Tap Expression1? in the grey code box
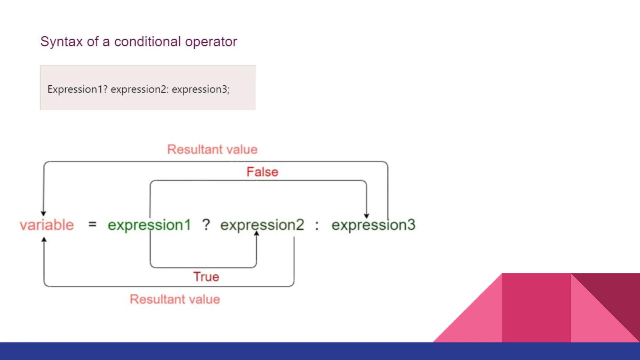[x=77, y=89]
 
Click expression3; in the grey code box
[x=201, y=89]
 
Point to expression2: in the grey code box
[x=140, y=89]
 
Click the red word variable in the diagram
[x=47, y=225]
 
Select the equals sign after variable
[x=92, y=224]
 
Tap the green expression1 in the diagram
[x=149, y=225]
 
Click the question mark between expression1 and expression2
[x=206, y=225]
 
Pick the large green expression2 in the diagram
[x=262, y=225]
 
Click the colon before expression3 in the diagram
[x=317, y=225]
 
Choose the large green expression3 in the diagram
[x=373, y=225]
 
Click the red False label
[x=262, y=172]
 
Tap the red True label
[x=206, y=277]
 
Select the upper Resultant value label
[x=212, y=149]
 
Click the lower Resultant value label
[x=175, y=299]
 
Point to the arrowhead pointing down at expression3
[x=367, y=216]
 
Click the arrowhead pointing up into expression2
[x=257, y=233]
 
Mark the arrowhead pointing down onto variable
[x=43, y=213]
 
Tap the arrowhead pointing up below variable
[x=44, y=240]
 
